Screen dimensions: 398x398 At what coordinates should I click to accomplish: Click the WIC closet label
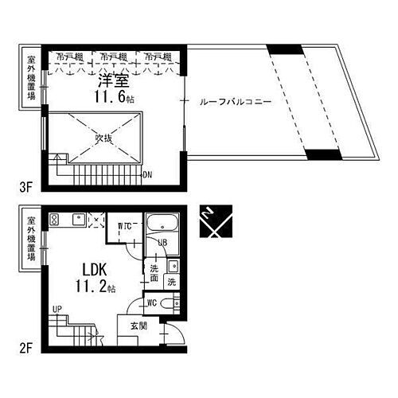coord(124,226)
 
